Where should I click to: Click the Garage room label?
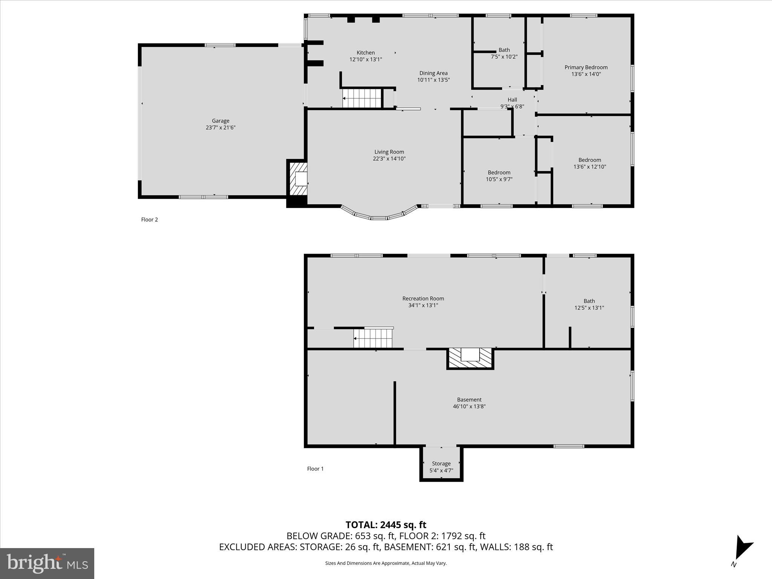coord(221,121)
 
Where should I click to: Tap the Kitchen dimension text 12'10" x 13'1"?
coord(366,60)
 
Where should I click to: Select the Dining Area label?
coord(433,73)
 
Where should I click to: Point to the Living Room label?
coord(389,152)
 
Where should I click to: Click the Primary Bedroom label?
coord(586,67)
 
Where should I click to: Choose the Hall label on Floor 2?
coord(512,100)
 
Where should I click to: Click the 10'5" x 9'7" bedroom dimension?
coord(499,179)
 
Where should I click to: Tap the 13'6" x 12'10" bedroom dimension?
coord(590,167)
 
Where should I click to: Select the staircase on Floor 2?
coord(362,98)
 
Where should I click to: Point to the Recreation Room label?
coord(423,299)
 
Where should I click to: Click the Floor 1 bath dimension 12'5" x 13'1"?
coord(589,308)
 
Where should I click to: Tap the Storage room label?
coord(441,464)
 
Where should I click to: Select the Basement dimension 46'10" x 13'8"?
coord(469,406)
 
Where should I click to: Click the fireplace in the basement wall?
coord(470,358)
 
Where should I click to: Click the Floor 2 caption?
coord(149,220)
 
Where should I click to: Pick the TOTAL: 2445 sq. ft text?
coord(386,525)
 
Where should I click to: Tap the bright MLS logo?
coord(47,563)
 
